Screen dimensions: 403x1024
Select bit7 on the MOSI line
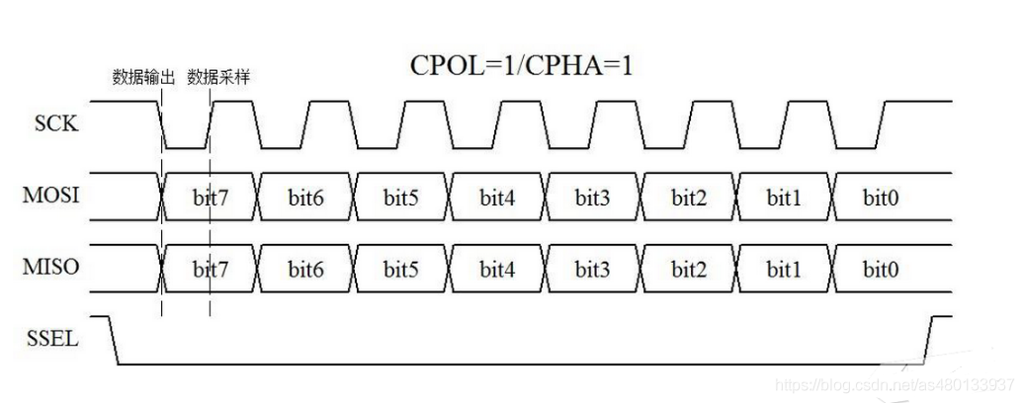(210, 197)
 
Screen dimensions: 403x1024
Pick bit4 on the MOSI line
(497, 197)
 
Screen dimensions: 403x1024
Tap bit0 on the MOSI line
(880, 197)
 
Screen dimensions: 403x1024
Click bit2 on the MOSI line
(689, 197)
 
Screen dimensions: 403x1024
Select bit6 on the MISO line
(305, 269)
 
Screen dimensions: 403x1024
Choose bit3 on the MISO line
(593, 269)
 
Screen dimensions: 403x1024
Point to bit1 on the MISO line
(785, 269)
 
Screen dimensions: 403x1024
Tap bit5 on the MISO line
(401, 269)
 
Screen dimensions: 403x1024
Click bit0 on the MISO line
(880, 269)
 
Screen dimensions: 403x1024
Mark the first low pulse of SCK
(187, 147)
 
